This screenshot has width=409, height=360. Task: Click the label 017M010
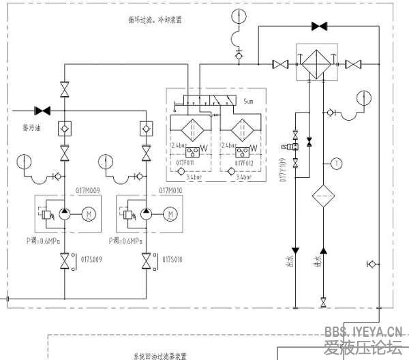170,190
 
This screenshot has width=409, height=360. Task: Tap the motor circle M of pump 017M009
87,214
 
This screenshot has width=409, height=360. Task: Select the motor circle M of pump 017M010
169,214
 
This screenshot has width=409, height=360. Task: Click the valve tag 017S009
91,260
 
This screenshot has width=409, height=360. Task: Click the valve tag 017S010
174,260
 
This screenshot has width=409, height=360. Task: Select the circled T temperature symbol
335,163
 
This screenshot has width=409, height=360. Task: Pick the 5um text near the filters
248,100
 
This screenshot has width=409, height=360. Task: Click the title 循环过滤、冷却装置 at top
151,20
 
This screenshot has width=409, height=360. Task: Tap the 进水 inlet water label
315,261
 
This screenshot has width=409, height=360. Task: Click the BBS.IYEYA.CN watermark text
363,331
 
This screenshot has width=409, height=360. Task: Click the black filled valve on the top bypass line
318,27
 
